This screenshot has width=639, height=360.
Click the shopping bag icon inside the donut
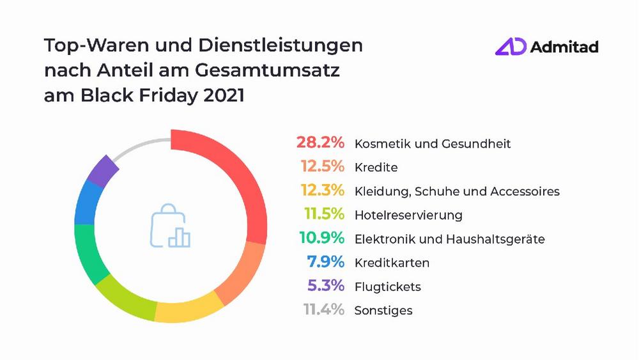tap(169, 226)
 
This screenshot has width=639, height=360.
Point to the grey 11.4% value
tap(323, 310)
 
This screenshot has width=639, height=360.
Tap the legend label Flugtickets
tap(387, 286)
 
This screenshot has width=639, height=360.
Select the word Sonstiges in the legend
tap(383, 311)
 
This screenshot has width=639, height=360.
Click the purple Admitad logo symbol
tap(511, 47)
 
